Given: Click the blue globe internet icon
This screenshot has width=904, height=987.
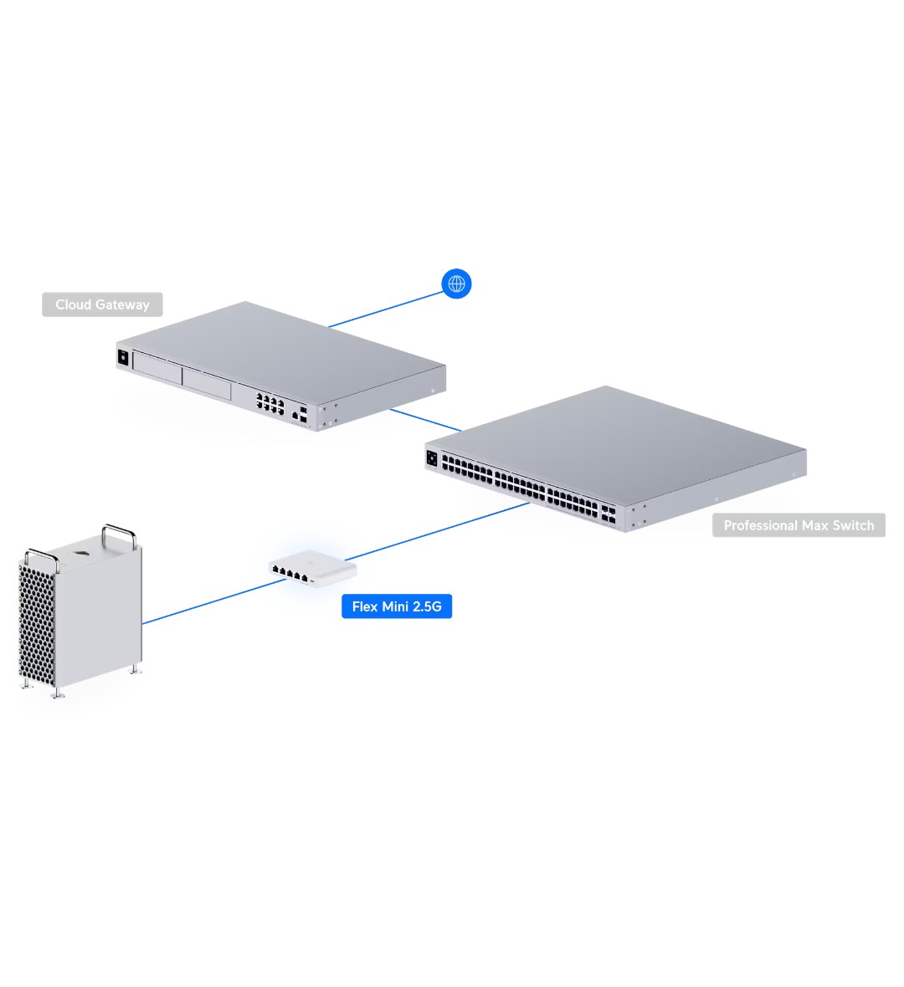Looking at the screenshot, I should (x=456, y=284).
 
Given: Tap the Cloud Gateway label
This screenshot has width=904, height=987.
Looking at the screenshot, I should (x=102, y=304).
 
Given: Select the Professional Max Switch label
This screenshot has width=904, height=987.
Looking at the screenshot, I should (x=799, y=525).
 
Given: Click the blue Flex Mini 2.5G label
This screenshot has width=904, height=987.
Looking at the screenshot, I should (x=397, y=606).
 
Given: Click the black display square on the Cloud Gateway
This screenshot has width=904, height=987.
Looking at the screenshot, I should (x=123, y=357).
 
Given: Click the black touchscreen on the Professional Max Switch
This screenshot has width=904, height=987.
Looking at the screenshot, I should (x=432, y=458).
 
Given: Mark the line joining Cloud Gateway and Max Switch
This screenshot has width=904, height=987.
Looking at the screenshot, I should (x=424, y=420).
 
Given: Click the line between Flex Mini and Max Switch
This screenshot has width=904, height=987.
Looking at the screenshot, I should (x=435, y=532).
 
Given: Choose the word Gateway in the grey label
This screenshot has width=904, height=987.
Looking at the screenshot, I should (x=122, y=304).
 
